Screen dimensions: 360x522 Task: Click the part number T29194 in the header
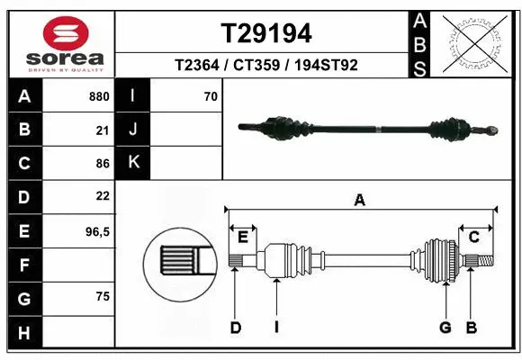pyautogui.click(x=266, y=33)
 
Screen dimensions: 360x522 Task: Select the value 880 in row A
pyautogui.click(x=99, y=96)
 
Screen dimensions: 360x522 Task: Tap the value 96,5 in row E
pyautogui.click(x=96, y=231)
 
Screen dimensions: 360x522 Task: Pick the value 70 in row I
pyautogui.click(x=210, y=96)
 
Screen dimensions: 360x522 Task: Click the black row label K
pyautogui.click(x=134, y=163)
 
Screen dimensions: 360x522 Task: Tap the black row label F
pyautogui.click(x=23, y=265)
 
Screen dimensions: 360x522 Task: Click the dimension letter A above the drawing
pyautogui.click(x=360, y=201)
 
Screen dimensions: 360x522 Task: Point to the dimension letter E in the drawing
pyautogui.click(x=242, y=237)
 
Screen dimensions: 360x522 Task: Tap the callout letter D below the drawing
pyautogui.click(x=235, y=328)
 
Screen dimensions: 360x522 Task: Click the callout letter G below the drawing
pyautogui.click(x=445, y=328)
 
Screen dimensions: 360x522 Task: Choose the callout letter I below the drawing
pyautogui.click(x=276, y=328)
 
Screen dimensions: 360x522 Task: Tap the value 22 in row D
pyautogui.click(x=102, y=196)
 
